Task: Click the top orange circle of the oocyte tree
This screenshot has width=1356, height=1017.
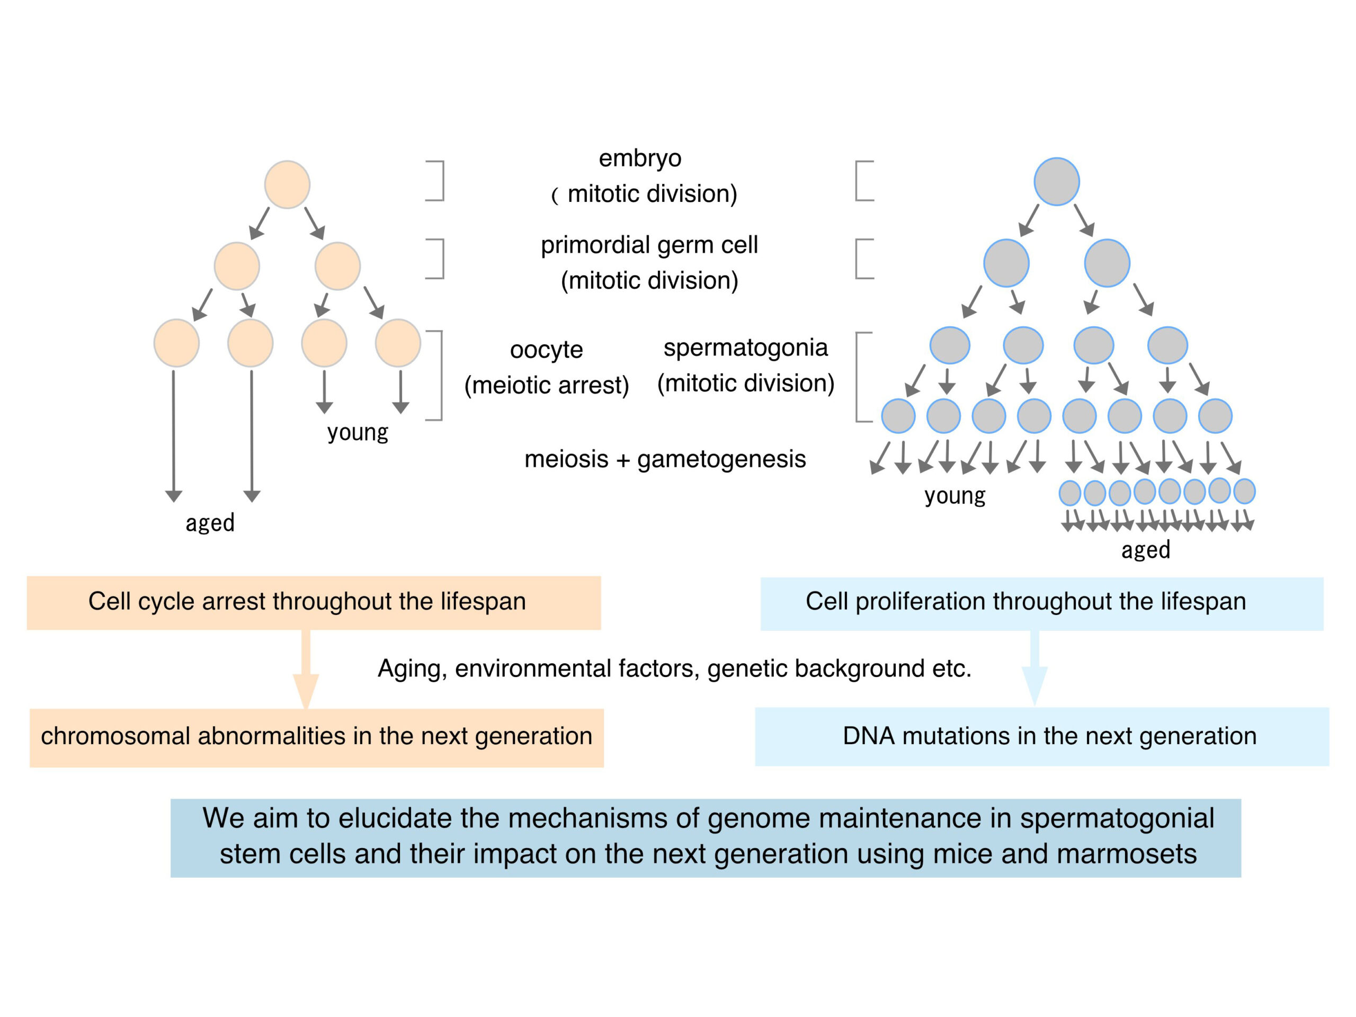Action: coord(287,184)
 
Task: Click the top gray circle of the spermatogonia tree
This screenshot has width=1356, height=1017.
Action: coord(1056,182)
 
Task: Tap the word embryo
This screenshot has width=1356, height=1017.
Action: coord(640,158)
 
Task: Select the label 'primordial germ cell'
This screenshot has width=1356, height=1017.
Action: coord(649,245)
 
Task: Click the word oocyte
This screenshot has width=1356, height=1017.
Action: coord(546,350)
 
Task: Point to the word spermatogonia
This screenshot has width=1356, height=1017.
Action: coord(745,347)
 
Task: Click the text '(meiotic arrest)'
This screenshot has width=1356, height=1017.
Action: coord(546,385)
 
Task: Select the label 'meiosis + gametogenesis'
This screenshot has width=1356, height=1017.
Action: coord(665,459)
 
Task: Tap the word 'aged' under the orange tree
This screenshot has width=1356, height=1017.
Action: coord(210,523)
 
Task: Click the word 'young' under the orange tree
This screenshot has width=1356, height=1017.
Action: coord(358,433)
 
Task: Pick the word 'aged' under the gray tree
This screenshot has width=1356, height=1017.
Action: coord(1146,550)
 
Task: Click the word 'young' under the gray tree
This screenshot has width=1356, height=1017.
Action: coord(954,496)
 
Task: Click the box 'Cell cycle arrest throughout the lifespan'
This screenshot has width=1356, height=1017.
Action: coord(313,603)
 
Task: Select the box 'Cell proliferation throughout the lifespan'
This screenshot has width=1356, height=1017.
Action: coord(1041,604)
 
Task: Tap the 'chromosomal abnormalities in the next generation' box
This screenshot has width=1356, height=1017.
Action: coord(316,737)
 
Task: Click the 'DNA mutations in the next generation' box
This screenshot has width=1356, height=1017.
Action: coord(1042,736)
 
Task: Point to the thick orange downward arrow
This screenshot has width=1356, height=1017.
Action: coord(306,670)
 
